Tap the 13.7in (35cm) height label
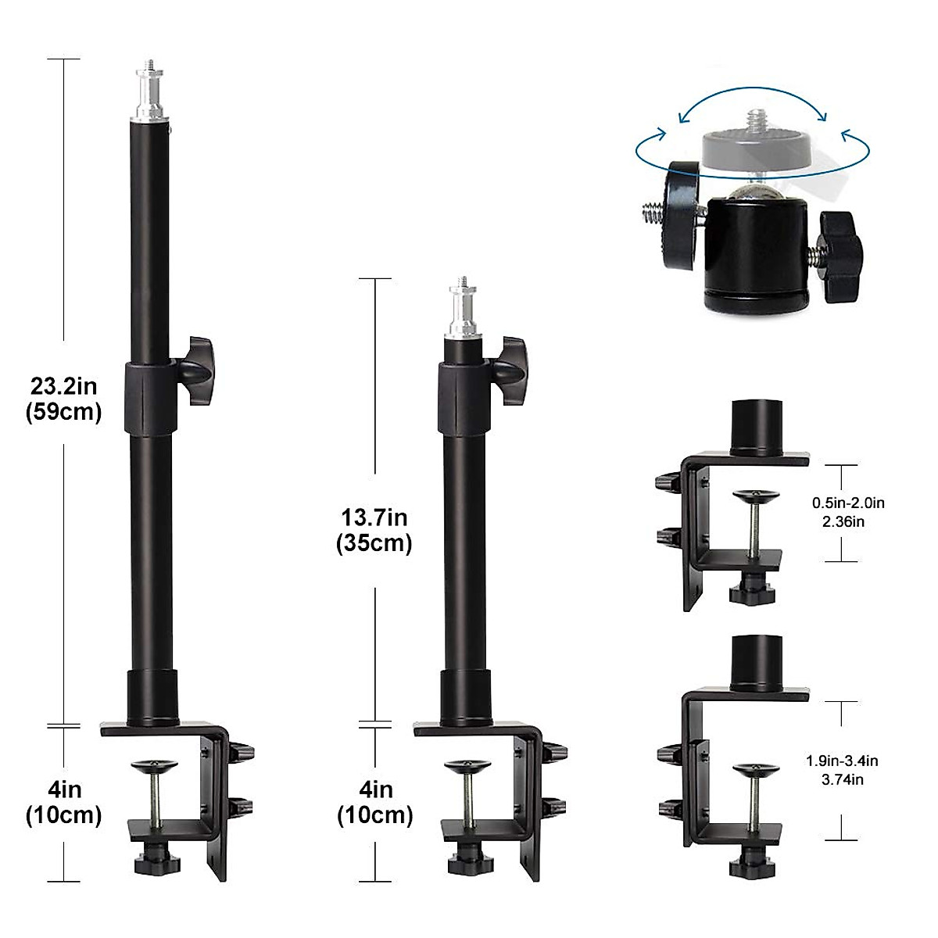374,530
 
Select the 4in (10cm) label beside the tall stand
64,803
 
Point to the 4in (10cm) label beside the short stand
375,803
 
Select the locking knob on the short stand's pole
514,367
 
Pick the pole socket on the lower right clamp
754,663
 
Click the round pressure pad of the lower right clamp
754,771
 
